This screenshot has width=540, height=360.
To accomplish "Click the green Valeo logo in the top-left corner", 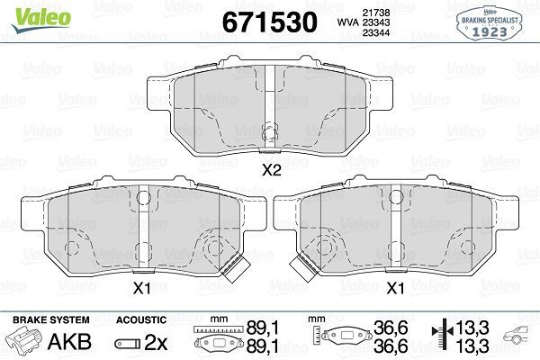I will point(30,11).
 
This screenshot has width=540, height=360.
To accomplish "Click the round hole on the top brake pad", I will point(268,136).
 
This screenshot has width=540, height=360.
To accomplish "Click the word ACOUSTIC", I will point(141,319).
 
